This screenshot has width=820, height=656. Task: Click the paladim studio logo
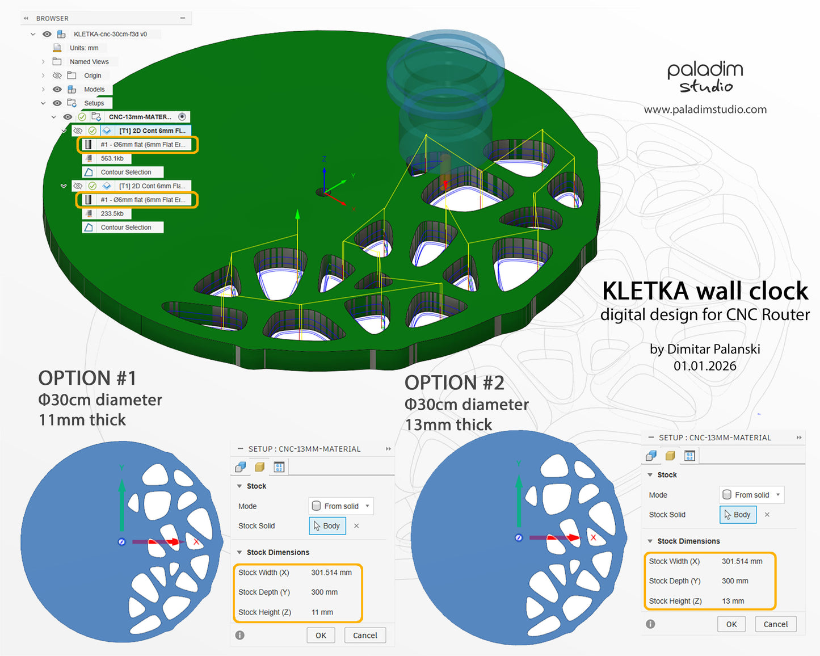705,77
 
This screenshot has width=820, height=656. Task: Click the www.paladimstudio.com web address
705,110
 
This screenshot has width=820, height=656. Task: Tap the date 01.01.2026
705,366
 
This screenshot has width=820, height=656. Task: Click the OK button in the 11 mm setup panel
321,635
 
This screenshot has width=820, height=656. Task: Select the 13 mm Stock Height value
733,601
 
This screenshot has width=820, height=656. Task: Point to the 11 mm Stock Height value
322,612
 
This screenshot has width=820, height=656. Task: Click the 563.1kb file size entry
112,158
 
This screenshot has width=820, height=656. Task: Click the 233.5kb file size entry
112,213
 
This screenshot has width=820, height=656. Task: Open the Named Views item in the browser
89,62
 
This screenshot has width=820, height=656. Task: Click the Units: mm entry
84,48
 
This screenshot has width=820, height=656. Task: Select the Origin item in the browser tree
92,75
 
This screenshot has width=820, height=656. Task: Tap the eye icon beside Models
57,89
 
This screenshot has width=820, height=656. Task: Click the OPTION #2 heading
454,383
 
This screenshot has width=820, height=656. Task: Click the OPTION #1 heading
87,378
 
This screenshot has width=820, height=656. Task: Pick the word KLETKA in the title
645,291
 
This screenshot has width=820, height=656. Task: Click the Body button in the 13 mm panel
738,515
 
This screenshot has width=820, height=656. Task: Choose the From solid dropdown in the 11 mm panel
341,506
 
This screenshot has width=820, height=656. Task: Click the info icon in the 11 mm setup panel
240,635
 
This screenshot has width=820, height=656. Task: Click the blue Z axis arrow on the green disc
324,176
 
